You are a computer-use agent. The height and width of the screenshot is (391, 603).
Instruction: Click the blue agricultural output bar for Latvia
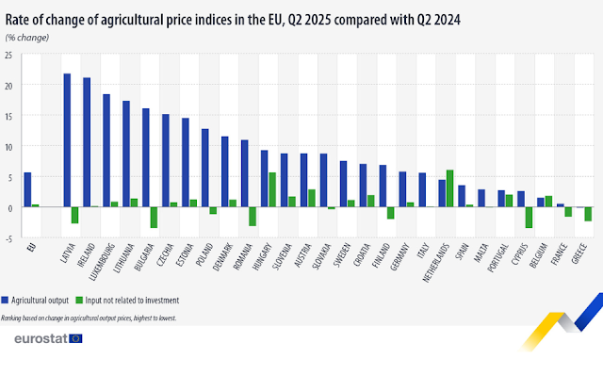coord(67,140)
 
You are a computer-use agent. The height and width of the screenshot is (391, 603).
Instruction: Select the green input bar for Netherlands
coord(450,188)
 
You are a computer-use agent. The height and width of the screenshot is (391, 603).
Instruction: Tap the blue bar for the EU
coord(27,189)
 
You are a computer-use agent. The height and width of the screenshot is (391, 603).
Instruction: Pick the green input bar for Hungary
coord(272,189)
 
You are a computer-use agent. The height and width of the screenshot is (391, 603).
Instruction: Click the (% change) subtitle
coord(27,37)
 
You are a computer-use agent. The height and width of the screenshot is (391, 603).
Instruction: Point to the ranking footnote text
coord(90,318)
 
